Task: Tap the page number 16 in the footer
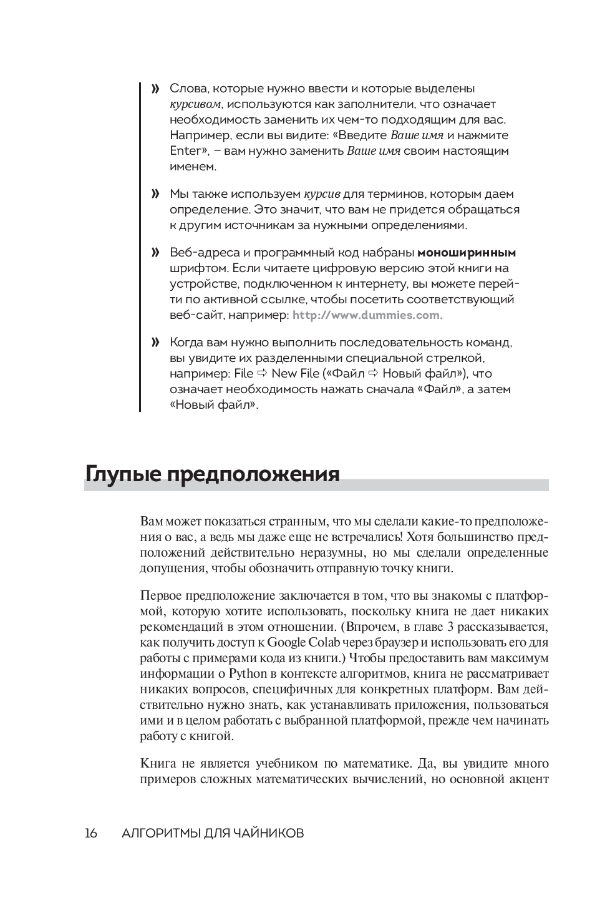(90, 833)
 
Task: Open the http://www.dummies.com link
(367, 315)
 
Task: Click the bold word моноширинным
(467, 253)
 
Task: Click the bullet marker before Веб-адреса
(155, 253)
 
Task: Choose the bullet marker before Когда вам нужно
(155, 343)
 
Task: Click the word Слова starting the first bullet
(185, 89)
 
